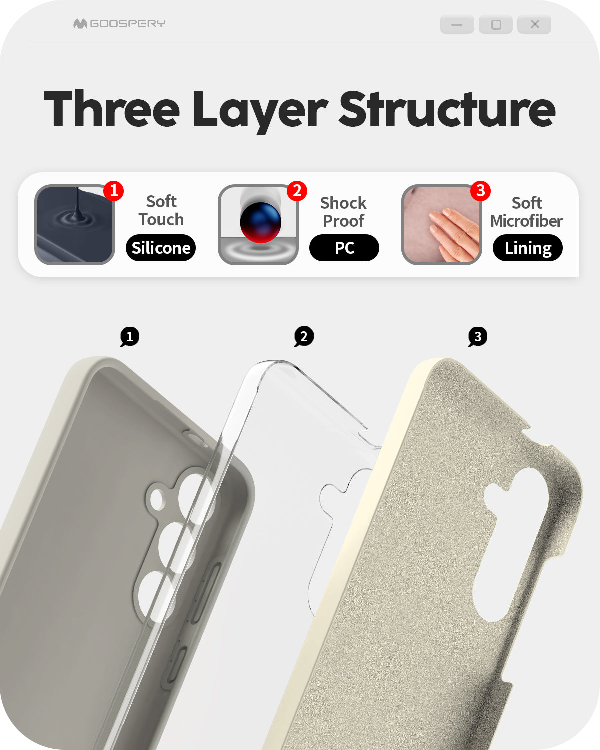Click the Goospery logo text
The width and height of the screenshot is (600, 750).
click(127, 23)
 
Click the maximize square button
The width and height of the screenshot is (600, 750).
click(496, 24)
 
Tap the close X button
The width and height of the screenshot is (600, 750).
click(534, 24)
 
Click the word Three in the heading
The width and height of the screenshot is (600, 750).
click(112, 108)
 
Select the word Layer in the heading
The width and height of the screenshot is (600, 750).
click(260, 111)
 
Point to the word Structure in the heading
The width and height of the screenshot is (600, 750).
click(447, 108)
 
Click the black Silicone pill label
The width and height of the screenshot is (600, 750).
click(161, 248)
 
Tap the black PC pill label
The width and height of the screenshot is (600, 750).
click(344, 248)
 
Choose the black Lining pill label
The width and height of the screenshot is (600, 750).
click(528, 248)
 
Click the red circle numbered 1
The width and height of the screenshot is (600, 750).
click(113, 191)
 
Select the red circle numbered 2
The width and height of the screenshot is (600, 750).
click(297, 191)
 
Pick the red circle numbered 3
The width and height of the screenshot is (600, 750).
click(481, 191)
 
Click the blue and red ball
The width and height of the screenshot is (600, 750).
click(261, 222)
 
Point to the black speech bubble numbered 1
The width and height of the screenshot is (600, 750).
click(129, 337)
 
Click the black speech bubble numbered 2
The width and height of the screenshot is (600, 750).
click(304, 337)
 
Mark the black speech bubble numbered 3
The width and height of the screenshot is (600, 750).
click(477, 337)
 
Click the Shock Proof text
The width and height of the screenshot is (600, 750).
click(344, 212)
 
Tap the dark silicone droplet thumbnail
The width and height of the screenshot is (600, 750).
click(75, 225)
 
